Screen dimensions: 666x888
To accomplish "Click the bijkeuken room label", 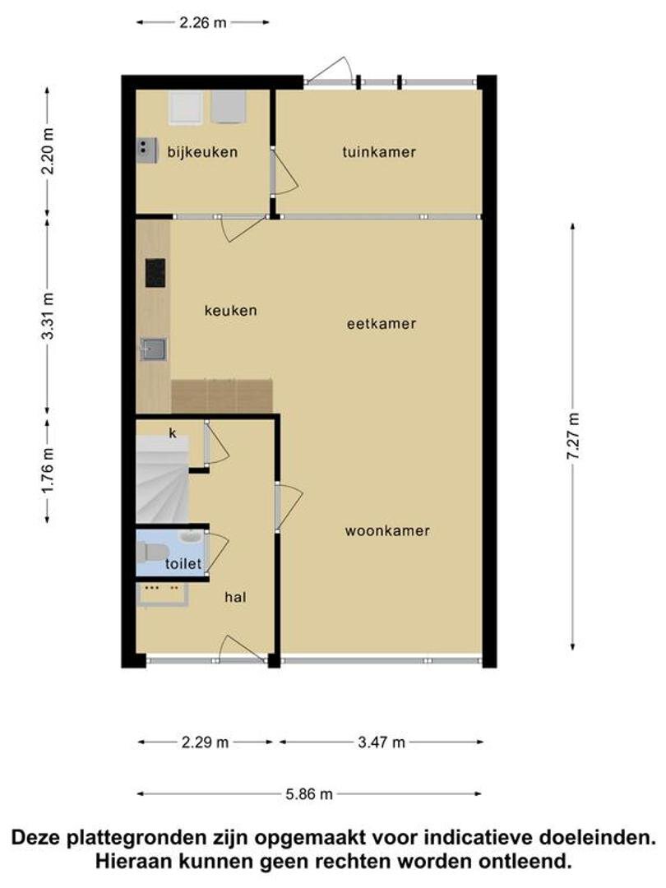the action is point(202,152).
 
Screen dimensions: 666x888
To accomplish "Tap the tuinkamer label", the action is point(379,152).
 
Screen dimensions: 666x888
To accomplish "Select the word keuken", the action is point(230,310).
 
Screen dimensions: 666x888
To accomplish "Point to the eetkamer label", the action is point(382,323).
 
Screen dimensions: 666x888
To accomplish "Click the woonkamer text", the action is point(387,530).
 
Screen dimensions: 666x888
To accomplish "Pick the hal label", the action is point(235,597).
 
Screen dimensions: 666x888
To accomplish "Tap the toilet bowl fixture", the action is point(153,550).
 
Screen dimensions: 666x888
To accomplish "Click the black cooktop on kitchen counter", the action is point(155,273).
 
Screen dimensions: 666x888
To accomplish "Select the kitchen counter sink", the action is point(153,349).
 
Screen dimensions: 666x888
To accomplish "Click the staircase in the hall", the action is point(163,479).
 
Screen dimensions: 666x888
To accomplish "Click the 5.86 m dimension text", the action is point(309,794).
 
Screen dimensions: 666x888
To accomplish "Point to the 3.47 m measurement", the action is point(382,742).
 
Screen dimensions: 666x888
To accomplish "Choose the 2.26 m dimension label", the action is point(203,23).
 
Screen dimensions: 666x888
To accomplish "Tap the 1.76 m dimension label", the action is point(48,470).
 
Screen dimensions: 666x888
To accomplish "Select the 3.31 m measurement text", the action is point(48,316).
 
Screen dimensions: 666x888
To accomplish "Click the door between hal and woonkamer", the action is point(289,506).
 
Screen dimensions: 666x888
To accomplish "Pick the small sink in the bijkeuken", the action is point(146,150).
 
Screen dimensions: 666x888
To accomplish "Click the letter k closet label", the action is point(173,433).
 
